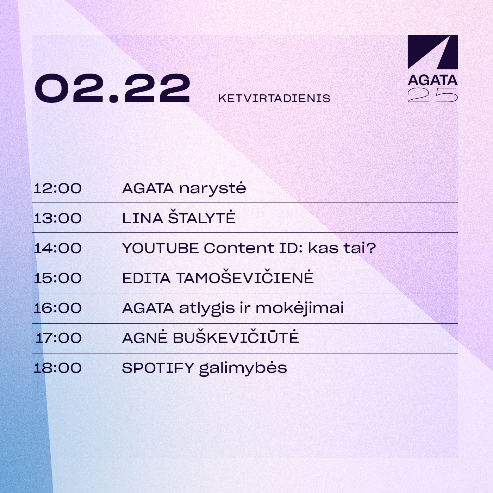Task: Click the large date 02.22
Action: pos(113,88)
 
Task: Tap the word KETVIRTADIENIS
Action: pos(274,99)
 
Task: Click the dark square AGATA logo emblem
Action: pos(433,52)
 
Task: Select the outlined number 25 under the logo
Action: pos(433,95)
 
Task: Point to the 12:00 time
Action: pos(57,188)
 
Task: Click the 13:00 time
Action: pos(57,218)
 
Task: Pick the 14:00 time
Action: pos(57,248)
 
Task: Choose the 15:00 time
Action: pos(57,278)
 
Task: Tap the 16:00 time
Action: pos(57,308)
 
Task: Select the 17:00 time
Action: pos(58,338)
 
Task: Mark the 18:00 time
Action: pos(57,368)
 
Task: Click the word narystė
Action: pos(213,189)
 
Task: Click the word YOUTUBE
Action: pos(161,248)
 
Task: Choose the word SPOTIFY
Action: pos(158,368)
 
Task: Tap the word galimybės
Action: pos(243,368)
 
